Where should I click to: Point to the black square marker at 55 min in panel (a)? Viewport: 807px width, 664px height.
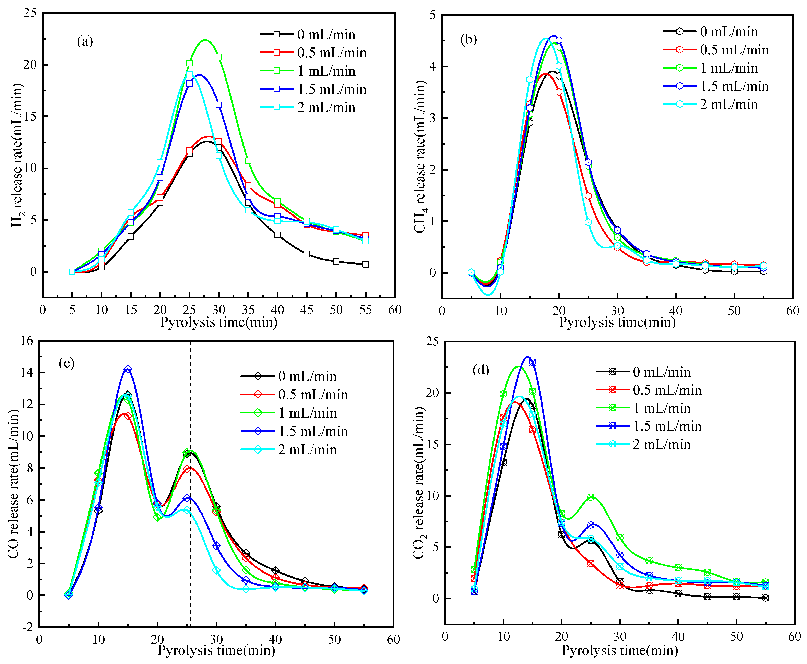[x=365, y=264]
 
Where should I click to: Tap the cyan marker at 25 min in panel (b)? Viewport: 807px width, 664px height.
[x=588, y=222]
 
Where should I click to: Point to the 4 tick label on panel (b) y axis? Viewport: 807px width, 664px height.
[x=433, y=66]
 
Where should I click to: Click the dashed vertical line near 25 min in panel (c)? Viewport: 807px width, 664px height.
[x=191, y=536]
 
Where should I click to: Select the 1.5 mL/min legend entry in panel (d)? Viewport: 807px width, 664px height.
[x=667, y=426]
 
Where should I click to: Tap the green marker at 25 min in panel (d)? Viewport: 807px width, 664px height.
[x=591, y=497]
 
